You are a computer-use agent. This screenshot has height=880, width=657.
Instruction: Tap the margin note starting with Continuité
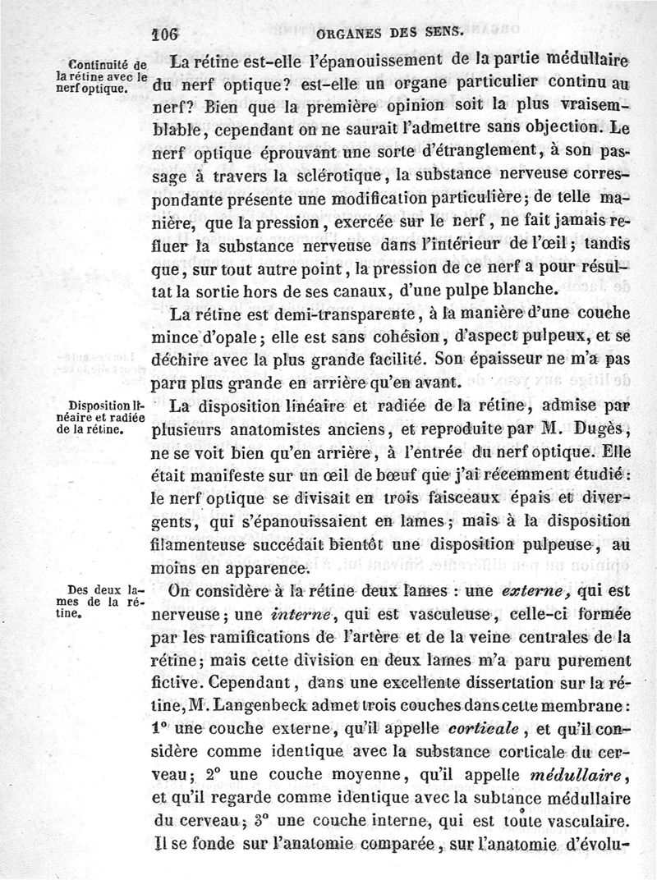pyautogui.click(x=108, y=76)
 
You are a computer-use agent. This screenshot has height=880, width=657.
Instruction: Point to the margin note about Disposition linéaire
pyautogui.click(x=108, y=415)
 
